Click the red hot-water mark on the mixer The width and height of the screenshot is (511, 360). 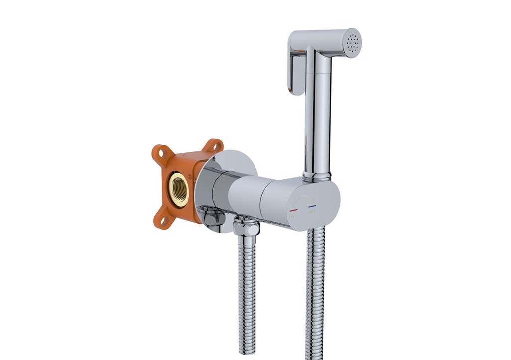293,210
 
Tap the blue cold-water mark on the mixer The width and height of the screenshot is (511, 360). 312,206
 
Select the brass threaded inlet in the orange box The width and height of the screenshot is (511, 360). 178,189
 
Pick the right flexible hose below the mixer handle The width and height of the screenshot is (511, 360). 315,294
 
